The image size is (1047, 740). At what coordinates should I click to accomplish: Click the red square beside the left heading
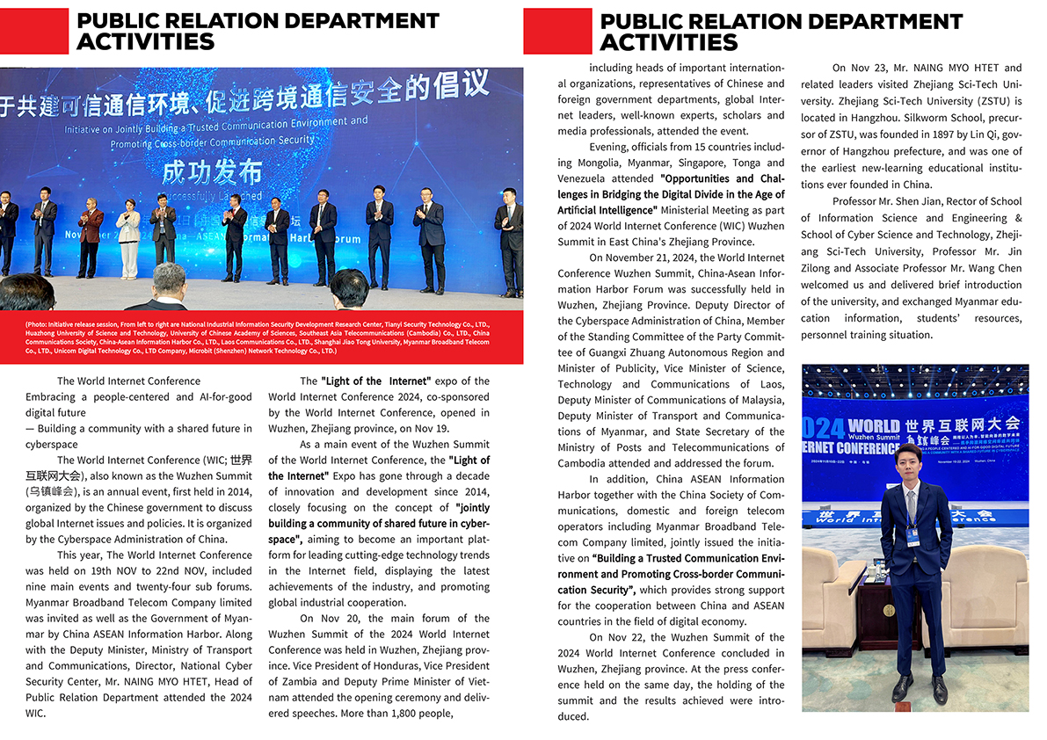point(34,32)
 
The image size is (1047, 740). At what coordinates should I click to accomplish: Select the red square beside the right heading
point(557,32)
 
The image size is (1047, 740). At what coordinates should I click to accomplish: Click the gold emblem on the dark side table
point(889,609)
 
